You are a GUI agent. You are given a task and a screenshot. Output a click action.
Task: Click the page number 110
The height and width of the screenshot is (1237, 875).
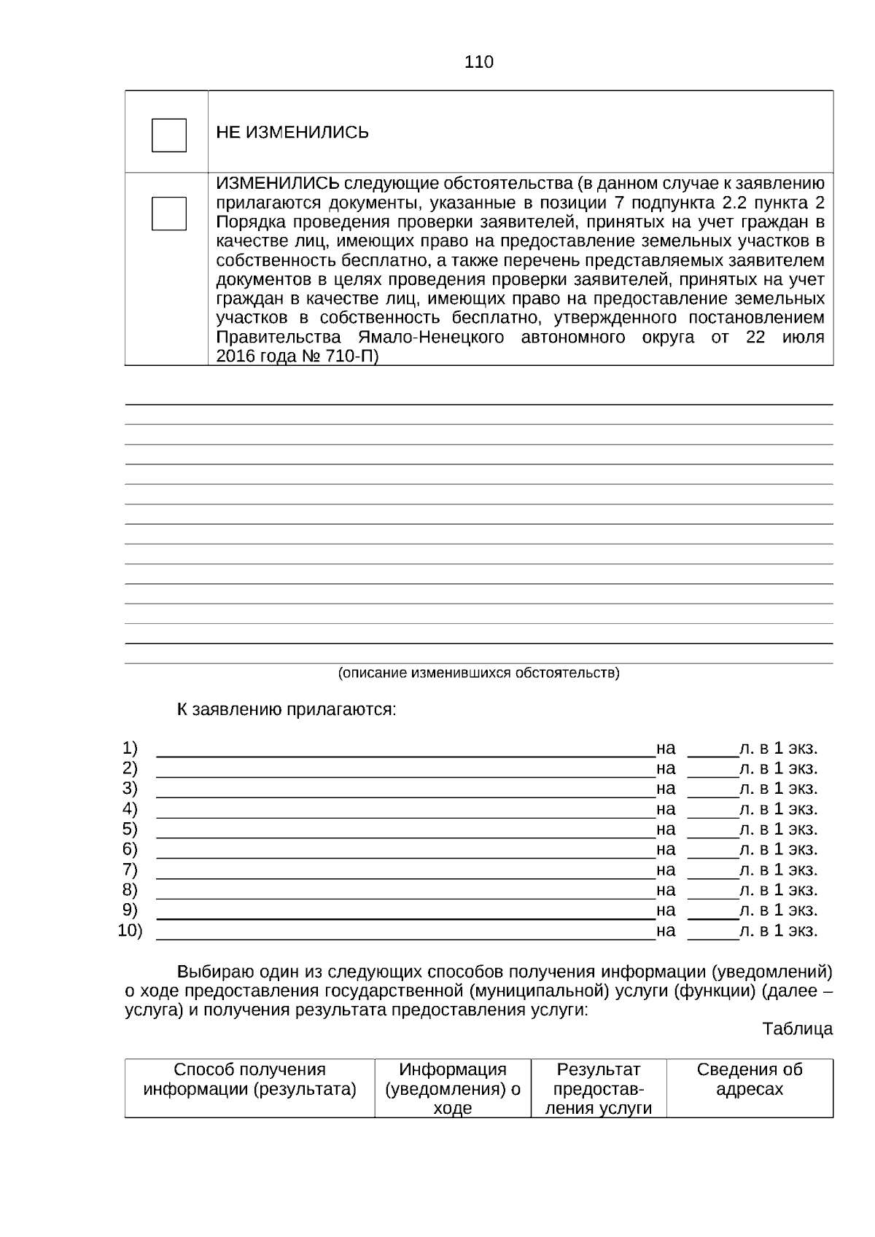(x=479, y=62)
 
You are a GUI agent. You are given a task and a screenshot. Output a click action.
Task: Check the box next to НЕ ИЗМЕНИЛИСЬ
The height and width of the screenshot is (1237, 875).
(x=168, y=135)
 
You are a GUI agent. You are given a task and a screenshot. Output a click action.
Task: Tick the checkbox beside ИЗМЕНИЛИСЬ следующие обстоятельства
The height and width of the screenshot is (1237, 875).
(x=168, y=214)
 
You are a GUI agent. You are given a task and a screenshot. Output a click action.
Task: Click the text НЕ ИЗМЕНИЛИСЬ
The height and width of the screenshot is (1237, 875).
(x=292, y=133)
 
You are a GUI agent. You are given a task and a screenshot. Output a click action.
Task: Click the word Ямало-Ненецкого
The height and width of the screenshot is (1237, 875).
(x=432, y=337)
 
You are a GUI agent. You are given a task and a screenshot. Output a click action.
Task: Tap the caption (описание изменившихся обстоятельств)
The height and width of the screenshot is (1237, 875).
(x=478, y=673)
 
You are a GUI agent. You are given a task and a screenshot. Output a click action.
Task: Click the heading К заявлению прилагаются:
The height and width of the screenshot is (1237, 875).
(x=287, y=709)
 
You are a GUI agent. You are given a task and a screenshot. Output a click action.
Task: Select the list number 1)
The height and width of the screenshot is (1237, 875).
(x=130, y=748)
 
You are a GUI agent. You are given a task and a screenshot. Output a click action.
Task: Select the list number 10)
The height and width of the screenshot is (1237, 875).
(x=130, y=930)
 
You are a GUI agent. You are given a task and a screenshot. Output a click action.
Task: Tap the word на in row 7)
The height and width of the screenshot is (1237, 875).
(x=666, y=870)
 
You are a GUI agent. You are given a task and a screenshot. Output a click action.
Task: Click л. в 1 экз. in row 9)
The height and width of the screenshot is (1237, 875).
(x=778, y=910)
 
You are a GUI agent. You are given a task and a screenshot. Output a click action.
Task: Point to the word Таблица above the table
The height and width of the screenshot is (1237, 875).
(x=797, y=1029)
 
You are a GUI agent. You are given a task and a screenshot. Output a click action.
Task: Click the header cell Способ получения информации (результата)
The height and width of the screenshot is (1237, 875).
(x=249, y=1080)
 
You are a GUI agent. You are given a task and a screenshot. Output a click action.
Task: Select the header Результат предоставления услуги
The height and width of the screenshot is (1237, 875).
(x=598, y=1089)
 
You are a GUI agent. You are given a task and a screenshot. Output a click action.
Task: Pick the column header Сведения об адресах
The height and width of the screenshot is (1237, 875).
(x=749, y=1080)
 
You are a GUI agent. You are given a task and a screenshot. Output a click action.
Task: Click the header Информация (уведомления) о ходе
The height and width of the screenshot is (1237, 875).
(x=452, y=1089)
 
